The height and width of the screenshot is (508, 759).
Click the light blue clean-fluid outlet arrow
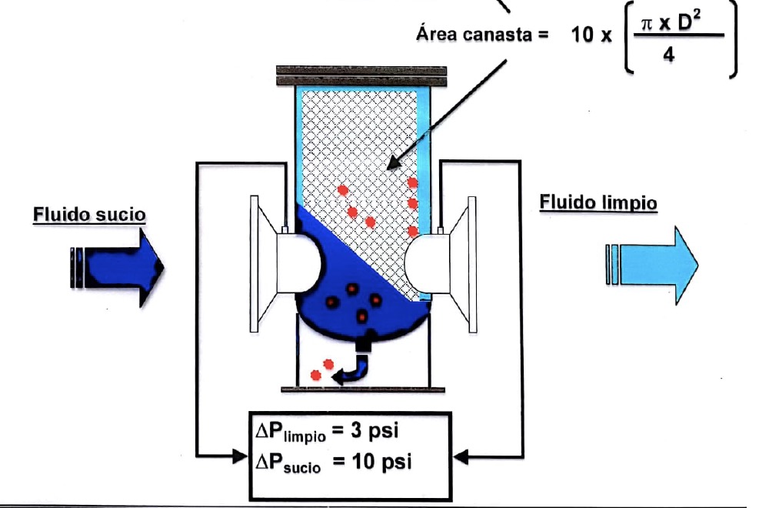[x=652, y=265]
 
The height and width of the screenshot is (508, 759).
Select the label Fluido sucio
[x=89, y=215]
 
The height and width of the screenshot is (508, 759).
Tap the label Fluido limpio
[x=598, y=202]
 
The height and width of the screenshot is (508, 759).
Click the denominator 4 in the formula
[x=668, y=55]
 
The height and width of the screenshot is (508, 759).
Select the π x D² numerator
[x=671, y=22]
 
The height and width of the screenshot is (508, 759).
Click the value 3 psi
[x=375, y=429]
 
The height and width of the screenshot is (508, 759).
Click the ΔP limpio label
[x=291, y=430]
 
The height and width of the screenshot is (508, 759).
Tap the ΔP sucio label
[x=288, y=463]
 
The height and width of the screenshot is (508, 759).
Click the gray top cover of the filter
[x=361, y=76]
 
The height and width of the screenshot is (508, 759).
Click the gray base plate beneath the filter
[x=363, y=389]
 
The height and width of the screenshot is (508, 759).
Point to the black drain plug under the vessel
[x=363, y=343]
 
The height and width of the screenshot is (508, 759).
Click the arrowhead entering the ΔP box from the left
[x=241, y=456]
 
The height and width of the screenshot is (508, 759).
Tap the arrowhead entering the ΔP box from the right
[x=461, y=456]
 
